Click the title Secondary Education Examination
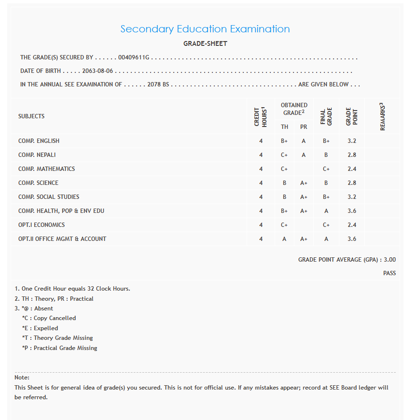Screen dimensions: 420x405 [205, 29]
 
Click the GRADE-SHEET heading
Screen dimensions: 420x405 [205, 44]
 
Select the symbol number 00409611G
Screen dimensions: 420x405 [134, 57]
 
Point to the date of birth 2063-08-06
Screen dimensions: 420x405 [98, 71]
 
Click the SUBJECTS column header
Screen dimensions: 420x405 [31, 116]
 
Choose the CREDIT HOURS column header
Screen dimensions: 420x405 [261, 116]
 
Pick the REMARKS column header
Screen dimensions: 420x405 [382, 116]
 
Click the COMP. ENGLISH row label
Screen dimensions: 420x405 [39, 141]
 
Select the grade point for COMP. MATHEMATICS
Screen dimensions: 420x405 [351, 169]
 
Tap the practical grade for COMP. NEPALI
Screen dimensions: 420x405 [304, 155]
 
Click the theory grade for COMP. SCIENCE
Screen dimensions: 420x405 [285, 183]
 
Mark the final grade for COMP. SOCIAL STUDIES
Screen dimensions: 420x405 [326, 197]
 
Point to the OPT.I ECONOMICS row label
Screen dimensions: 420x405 [42, 225]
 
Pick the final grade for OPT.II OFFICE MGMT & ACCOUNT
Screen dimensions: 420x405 [326, 239]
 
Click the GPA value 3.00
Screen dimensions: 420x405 [390, 260]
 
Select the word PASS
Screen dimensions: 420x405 [390, 273]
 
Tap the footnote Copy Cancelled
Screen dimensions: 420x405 [55, 319]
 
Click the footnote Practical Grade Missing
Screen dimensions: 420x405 [65, 348]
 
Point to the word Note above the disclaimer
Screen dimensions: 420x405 [22, 378]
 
